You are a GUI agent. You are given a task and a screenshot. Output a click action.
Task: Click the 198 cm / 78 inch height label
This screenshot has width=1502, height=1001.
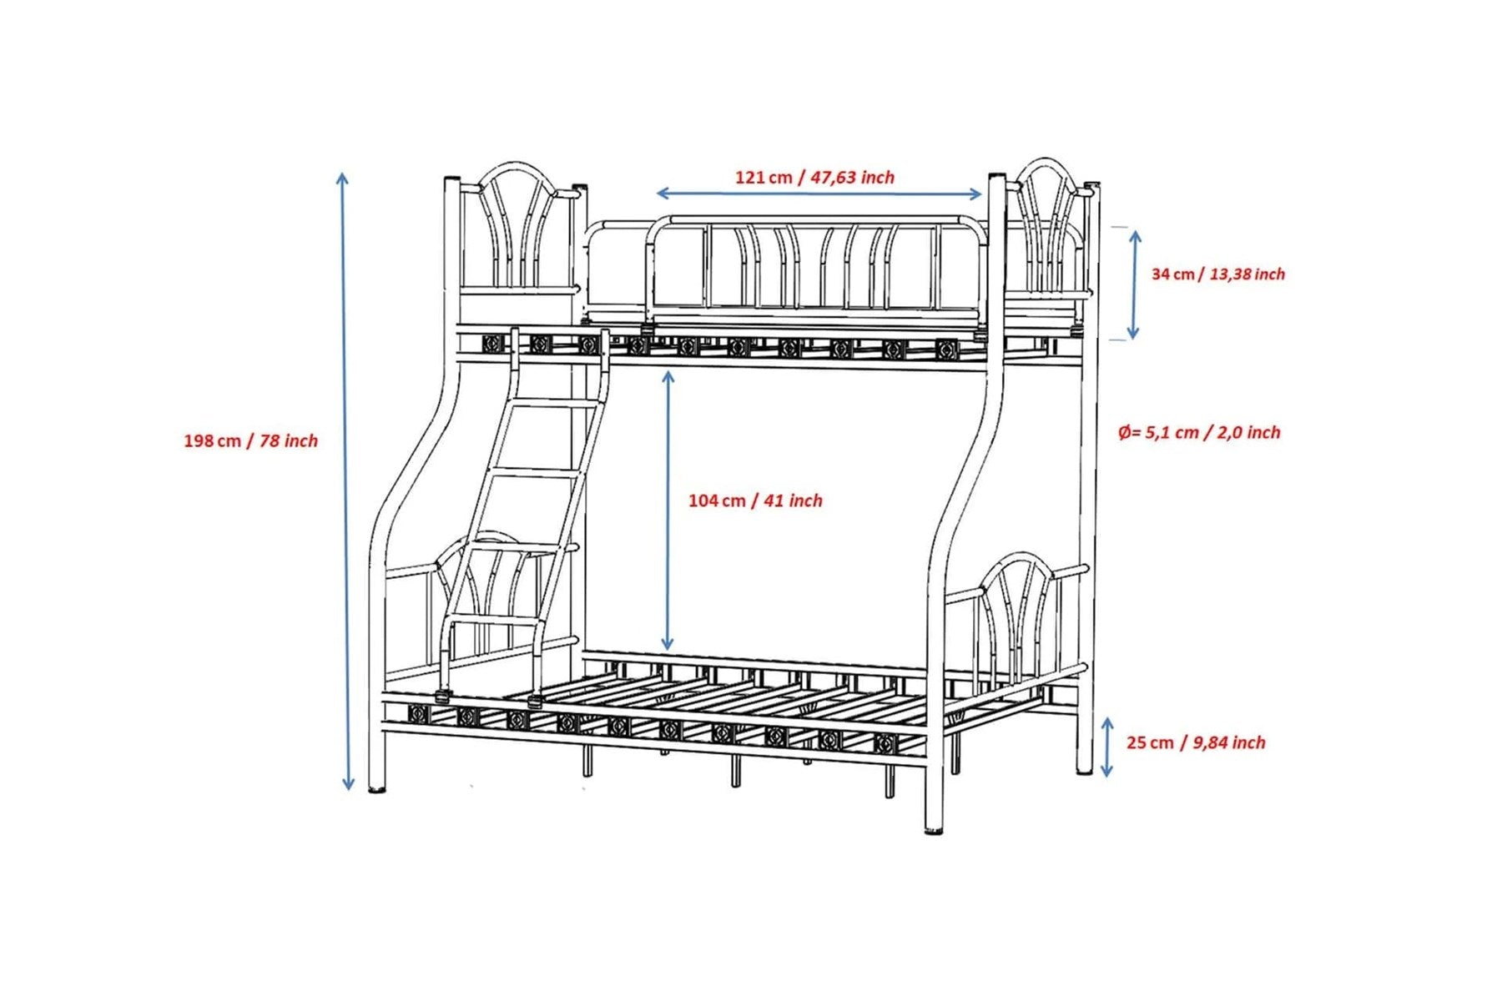pos(250,440)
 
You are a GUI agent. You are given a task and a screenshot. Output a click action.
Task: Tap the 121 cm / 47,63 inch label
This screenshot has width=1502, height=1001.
pos(814,177)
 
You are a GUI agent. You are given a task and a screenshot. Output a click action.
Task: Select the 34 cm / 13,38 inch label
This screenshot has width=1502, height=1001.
pos(1218,274)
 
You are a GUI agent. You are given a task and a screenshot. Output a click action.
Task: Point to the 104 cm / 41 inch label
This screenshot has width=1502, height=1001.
pos(755,500)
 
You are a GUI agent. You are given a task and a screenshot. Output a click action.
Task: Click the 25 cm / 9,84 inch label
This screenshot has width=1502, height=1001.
pos(1196,742)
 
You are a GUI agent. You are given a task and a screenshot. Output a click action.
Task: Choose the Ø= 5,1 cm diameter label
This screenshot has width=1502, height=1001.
pos(1199,432)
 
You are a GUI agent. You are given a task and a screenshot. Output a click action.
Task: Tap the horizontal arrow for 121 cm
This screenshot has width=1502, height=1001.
pos(819,194)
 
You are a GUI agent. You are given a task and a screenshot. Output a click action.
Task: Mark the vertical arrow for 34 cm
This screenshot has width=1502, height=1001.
pos(1134,284)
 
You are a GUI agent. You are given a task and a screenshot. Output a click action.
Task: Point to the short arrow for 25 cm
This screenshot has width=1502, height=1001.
pos(1107,747)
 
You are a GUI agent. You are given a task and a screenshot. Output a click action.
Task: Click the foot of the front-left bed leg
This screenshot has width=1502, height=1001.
pos(377,787)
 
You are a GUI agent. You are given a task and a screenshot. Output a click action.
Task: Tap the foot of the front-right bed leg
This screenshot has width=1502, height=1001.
pos(935,828)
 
